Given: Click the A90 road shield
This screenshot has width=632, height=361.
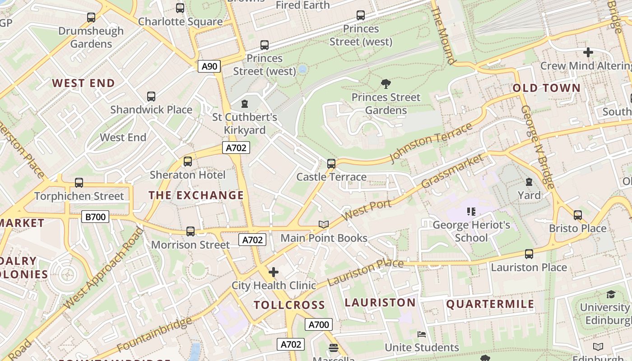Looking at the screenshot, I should [x=209, y=66].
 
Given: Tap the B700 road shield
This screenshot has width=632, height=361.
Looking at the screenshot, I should [x=96, y=217].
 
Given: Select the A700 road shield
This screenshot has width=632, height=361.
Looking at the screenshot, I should [x=319, y=324].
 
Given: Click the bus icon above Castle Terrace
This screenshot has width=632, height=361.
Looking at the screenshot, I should [x=331, y=164].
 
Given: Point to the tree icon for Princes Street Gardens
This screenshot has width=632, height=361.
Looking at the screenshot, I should [x=386, y=83].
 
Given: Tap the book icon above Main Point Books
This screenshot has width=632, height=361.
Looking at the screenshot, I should [x=324, y=224].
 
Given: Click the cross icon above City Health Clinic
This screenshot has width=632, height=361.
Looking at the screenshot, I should [x=274, y=272].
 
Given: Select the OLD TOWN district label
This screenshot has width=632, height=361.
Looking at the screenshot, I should [x=546, y=88].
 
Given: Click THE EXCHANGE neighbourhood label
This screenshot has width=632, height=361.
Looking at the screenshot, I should [x=196, y=195].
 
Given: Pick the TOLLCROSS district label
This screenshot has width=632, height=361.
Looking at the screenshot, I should [x=289, y=305].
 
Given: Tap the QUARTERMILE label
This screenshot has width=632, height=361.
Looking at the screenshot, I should [x=490, y=304].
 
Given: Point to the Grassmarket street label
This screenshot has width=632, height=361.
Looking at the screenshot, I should [x=452, y=171].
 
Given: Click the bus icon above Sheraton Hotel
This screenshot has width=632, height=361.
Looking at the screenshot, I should [x=188, y=162].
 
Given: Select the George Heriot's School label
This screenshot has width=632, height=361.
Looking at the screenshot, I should [x=471, y=231].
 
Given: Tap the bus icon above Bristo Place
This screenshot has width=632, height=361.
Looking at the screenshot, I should [x=578, y=215].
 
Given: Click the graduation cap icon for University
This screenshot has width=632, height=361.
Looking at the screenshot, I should [x=610, y=295].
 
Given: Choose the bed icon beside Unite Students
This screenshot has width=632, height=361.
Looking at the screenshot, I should [x=421, y=334].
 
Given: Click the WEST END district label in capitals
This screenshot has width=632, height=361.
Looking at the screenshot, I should [x=83, y=83].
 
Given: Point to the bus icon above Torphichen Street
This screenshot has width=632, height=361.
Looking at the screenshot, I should [x=79, y=183].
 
